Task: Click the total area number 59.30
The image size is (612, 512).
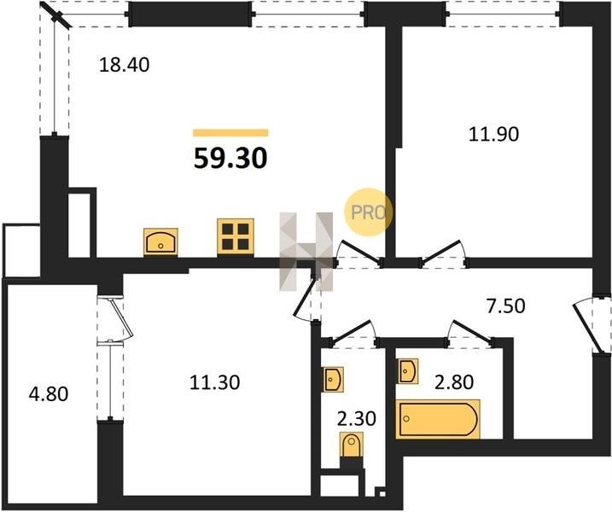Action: (x=230, y=159)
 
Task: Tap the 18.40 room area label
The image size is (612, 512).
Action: (x=124, y=65)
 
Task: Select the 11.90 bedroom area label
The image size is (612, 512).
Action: (x=493, y=135)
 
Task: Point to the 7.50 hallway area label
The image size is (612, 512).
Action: (x=505, y=306)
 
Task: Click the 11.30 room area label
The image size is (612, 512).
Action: (x=214, y=382)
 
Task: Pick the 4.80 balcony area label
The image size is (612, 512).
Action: (x=49, y=394)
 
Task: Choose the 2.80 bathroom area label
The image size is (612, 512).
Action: (x=454, y=382)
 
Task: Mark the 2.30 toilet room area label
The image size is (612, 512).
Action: (x=356, y=419)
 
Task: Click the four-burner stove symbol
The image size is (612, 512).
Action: (x=236, y=236)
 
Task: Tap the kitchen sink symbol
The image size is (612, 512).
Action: (x=160, y=241)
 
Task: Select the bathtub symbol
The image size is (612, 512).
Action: (x=438, y=419)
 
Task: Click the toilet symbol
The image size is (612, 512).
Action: (x=352, y=445)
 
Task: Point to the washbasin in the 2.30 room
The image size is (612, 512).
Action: (x=333, y=380)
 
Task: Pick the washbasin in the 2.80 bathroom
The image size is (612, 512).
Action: (x=407, y=371)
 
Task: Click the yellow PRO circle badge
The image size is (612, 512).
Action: (x=368, y=212)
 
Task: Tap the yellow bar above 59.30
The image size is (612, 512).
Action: (x=230, y=132)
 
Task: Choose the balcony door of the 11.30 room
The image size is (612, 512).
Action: (x=123, y=317)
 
